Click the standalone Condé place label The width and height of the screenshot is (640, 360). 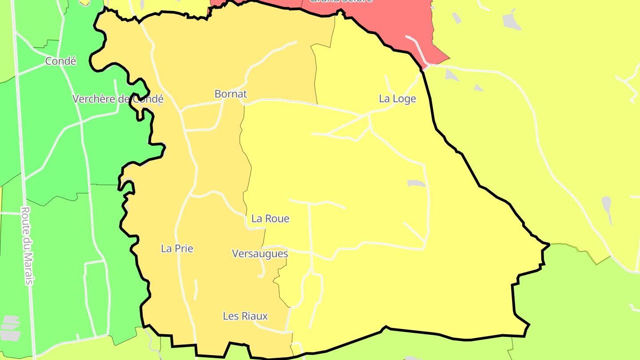[60, 61]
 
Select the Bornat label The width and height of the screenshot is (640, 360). [230, 94]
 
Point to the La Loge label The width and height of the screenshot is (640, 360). [397, 99]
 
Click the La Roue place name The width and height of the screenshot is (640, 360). [270, 219]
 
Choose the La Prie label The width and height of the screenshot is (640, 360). [177, 248]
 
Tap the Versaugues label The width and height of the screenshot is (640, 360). [260, 254]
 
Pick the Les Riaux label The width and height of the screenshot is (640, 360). [245, 316]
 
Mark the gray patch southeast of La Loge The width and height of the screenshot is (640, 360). [416, 183]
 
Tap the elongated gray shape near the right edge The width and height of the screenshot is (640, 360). [607, 207]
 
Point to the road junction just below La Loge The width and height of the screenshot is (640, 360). [369, 115]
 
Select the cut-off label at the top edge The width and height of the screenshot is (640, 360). [340, 1]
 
